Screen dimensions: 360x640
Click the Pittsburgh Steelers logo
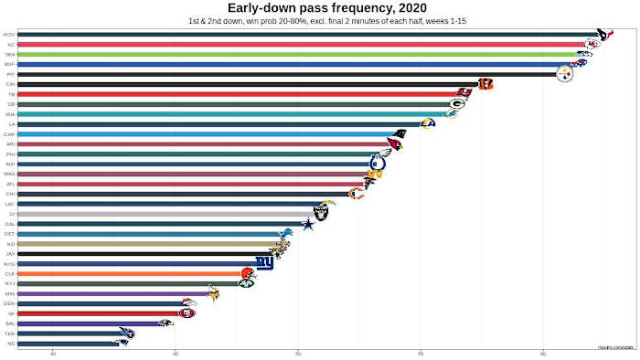point(565,75)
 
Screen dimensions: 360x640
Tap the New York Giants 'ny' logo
point(264,263)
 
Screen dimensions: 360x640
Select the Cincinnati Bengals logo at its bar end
point(485,84)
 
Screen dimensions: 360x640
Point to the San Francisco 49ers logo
point(187,312)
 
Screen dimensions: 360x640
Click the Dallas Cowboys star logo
point(309,224)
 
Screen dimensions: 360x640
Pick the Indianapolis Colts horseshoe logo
point(378,164)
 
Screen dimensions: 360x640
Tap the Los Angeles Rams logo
point(427,123)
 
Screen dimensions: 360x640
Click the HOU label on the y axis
point(9,35)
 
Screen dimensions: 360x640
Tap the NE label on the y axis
point(10,343)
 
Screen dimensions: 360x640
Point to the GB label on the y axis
point(10,104)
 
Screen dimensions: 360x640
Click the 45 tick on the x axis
point(176,352)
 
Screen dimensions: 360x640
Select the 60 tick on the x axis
point(543,352)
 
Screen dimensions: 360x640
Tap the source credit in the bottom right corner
point(616,347)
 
